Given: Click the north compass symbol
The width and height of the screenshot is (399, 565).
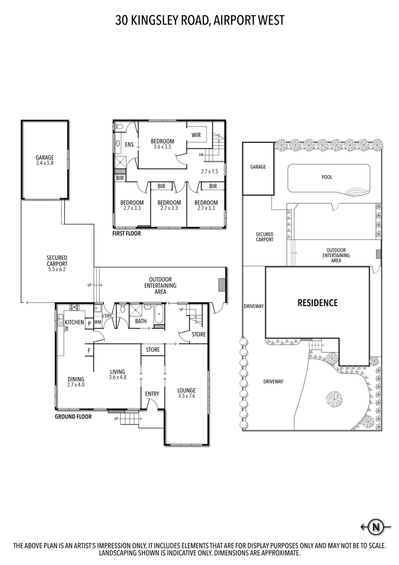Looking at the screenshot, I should (375, 527).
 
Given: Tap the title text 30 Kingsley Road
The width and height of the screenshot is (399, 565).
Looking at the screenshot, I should (199, 20).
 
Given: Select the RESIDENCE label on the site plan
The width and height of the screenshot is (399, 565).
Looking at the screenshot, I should (317, 302).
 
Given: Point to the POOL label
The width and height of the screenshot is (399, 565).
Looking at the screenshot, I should (327, 177).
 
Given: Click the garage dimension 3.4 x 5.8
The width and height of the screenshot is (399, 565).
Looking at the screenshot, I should (44, 163).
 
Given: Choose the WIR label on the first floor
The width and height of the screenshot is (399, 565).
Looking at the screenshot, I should (196, 135).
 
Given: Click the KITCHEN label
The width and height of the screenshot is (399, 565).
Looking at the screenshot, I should (74, 322).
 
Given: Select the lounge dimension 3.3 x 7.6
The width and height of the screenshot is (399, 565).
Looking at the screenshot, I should (186, 396).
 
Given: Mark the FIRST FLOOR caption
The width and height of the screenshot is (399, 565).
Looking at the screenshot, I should (127, 234).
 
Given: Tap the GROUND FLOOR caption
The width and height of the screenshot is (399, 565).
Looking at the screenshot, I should (73, 417).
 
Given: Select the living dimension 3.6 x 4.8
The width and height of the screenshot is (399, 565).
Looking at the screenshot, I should (117, 377).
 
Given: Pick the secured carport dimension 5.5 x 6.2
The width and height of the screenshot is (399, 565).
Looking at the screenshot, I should (56, 264).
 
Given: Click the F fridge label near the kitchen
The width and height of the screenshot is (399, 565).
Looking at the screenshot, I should (89, 350).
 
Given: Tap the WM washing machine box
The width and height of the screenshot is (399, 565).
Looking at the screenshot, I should (98, 323).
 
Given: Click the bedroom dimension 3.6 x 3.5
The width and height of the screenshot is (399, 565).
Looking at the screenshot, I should (162, 148).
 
